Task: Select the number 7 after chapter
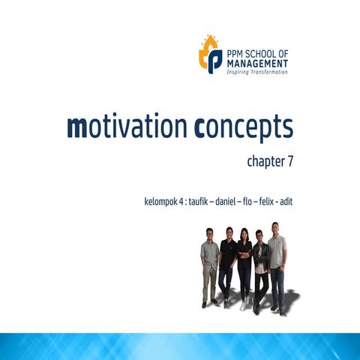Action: click(x=289, y=160)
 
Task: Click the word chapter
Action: click(x=265, y=161)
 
